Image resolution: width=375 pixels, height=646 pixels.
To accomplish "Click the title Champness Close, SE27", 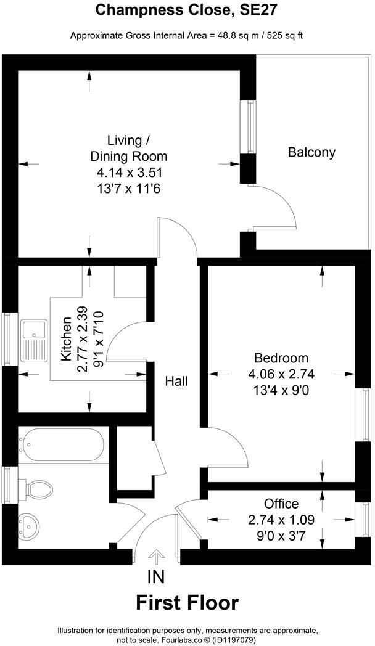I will pos(187,10).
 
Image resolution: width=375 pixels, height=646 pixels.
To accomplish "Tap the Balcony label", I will pos(311,152).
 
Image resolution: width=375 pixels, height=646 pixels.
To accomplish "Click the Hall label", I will pos(176,382).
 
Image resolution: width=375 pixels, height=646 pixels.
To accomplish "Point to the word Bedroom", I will pos(281,358).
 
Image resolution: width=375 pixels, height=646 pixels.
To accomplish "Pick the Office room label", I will pos(281,504).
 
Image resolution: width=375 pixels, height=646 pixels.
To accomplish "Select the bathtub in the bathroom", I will pos(62,445).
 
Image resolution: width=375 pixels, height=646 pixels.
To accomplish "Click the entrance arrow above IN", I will pos(157,558).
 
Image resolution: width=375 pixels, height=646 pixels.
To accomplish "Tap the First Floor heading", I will pos(187,602).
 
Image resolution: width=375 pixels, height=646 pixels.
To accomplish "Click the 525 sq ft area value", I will pos(282,35).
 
